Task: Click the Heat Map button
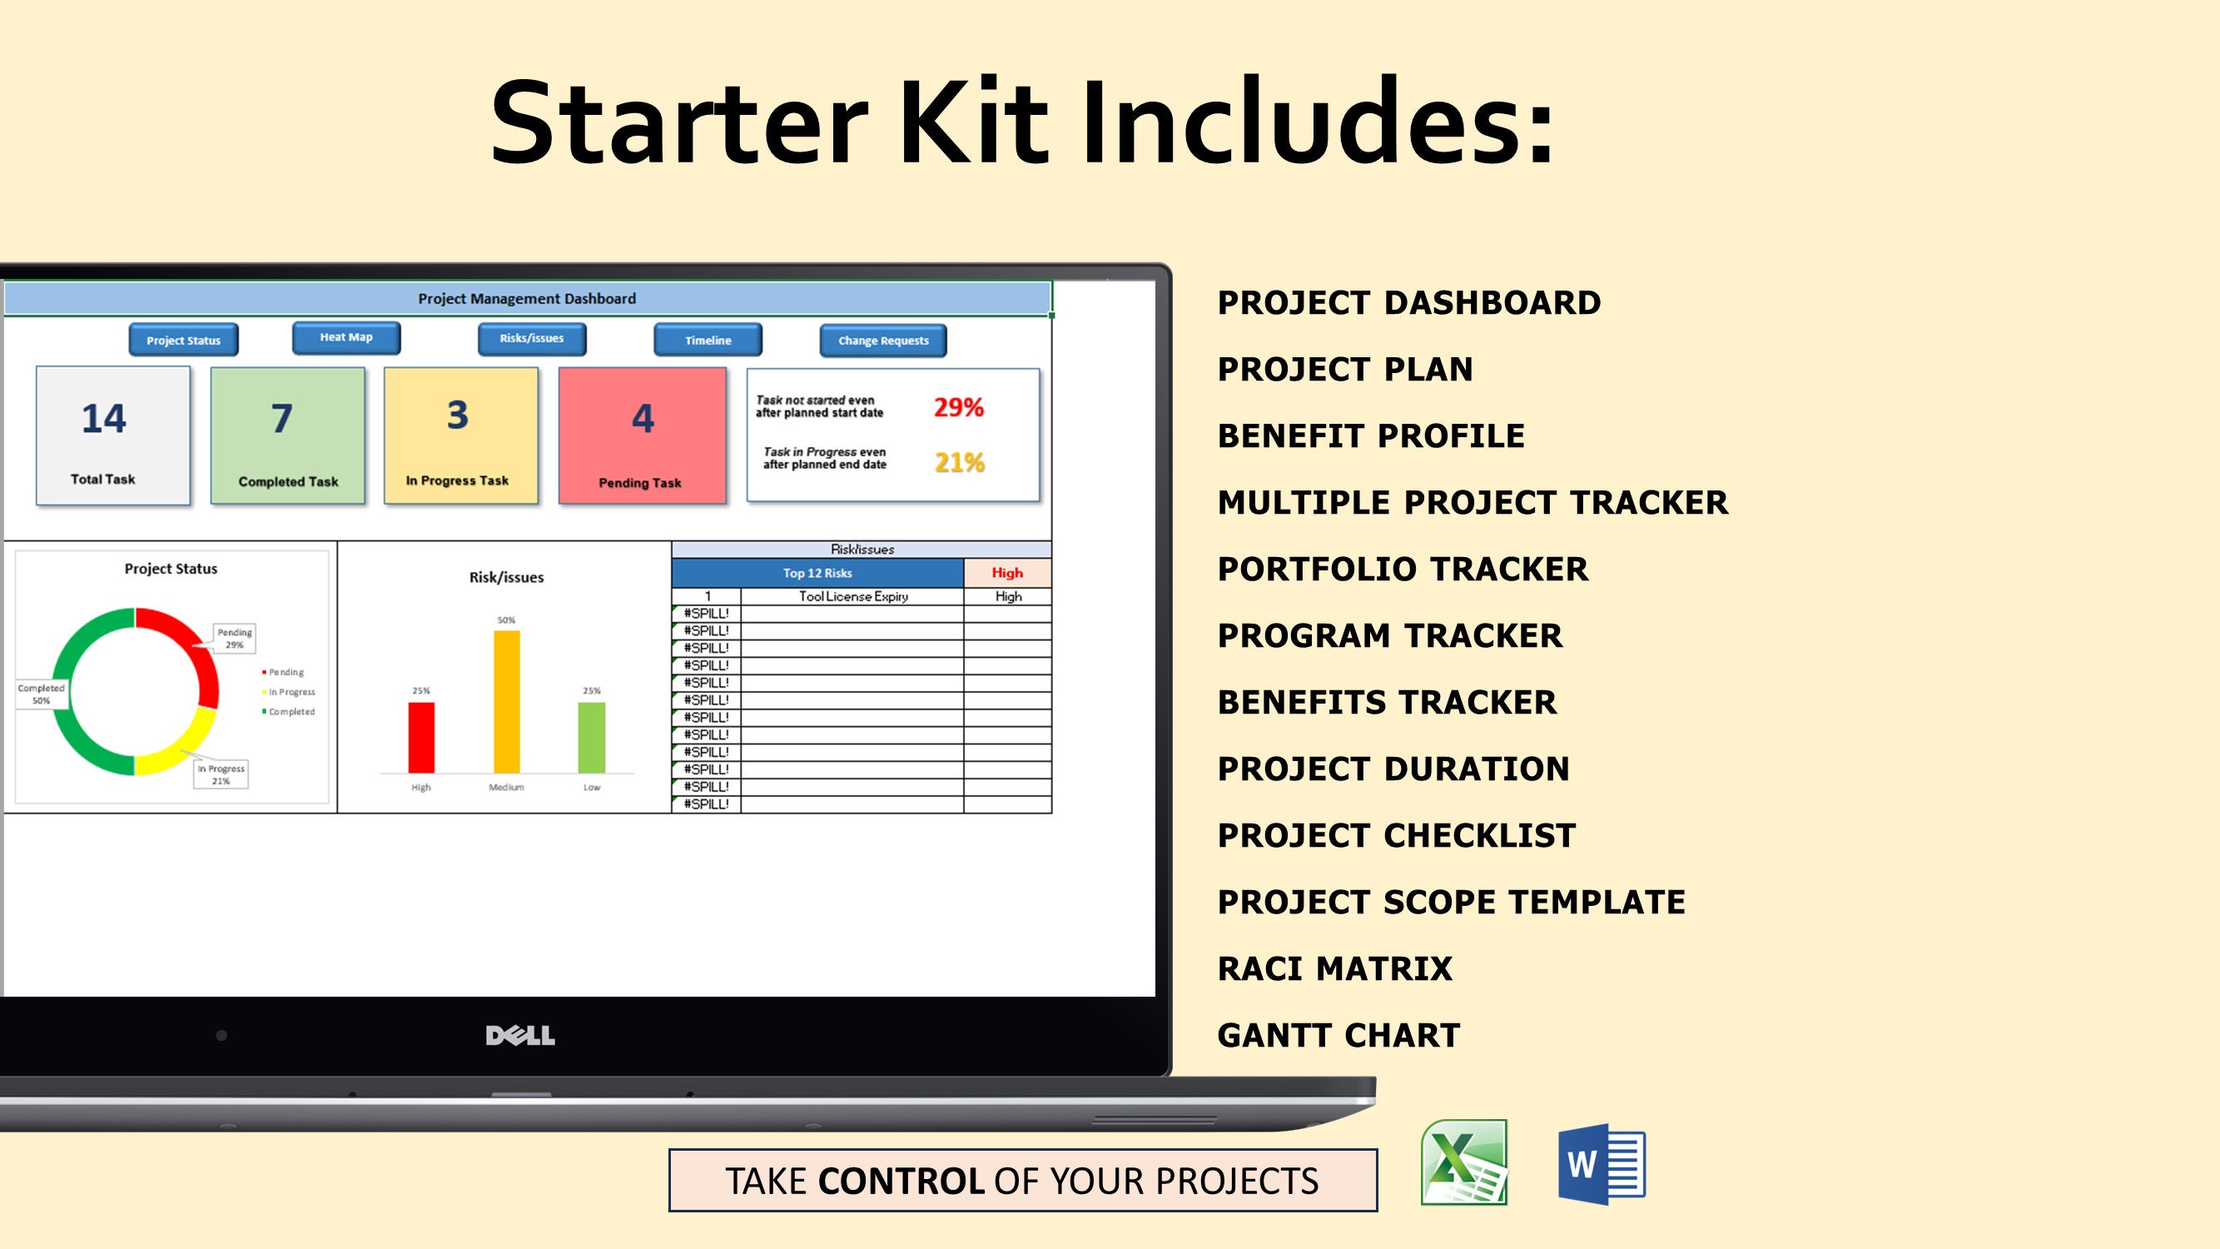(x=345, y=337)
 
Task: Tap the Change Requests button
(x=882, y=341)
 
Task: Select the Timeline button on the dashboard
(x=708, y=341)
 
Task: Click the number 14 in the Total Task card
(x=103, y=419)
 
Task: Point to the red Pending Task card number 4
(x=643, y=419)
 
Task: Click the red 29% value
(x=958, y=407)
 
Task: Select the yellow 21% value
(x=959, y=463)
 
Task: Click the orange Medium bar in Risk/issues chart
(x=507, y=702)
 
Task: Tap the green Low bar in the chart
(x=591, y=738)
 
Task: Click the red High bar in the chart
(x=420, y=738)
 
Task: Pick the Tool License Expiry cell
(x=852, y=596)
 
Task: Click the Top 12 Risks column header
(x=817, y=573)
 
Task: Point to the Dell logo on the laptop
(x=519, y=1035)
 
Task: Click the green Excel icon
(x=1463, y=1162)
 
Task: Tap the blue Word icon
(x=1602, y=1164)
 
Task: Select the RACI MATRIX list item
(x=1334, y=969)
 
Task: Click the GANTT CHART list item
(x=1338, y=1035)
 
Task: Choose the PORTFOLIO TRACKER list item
(x=1402, y=569)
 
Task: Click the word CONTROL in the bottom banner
(x=901, y=1181)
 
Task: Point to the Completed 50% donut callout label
(x=41, y=694)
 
